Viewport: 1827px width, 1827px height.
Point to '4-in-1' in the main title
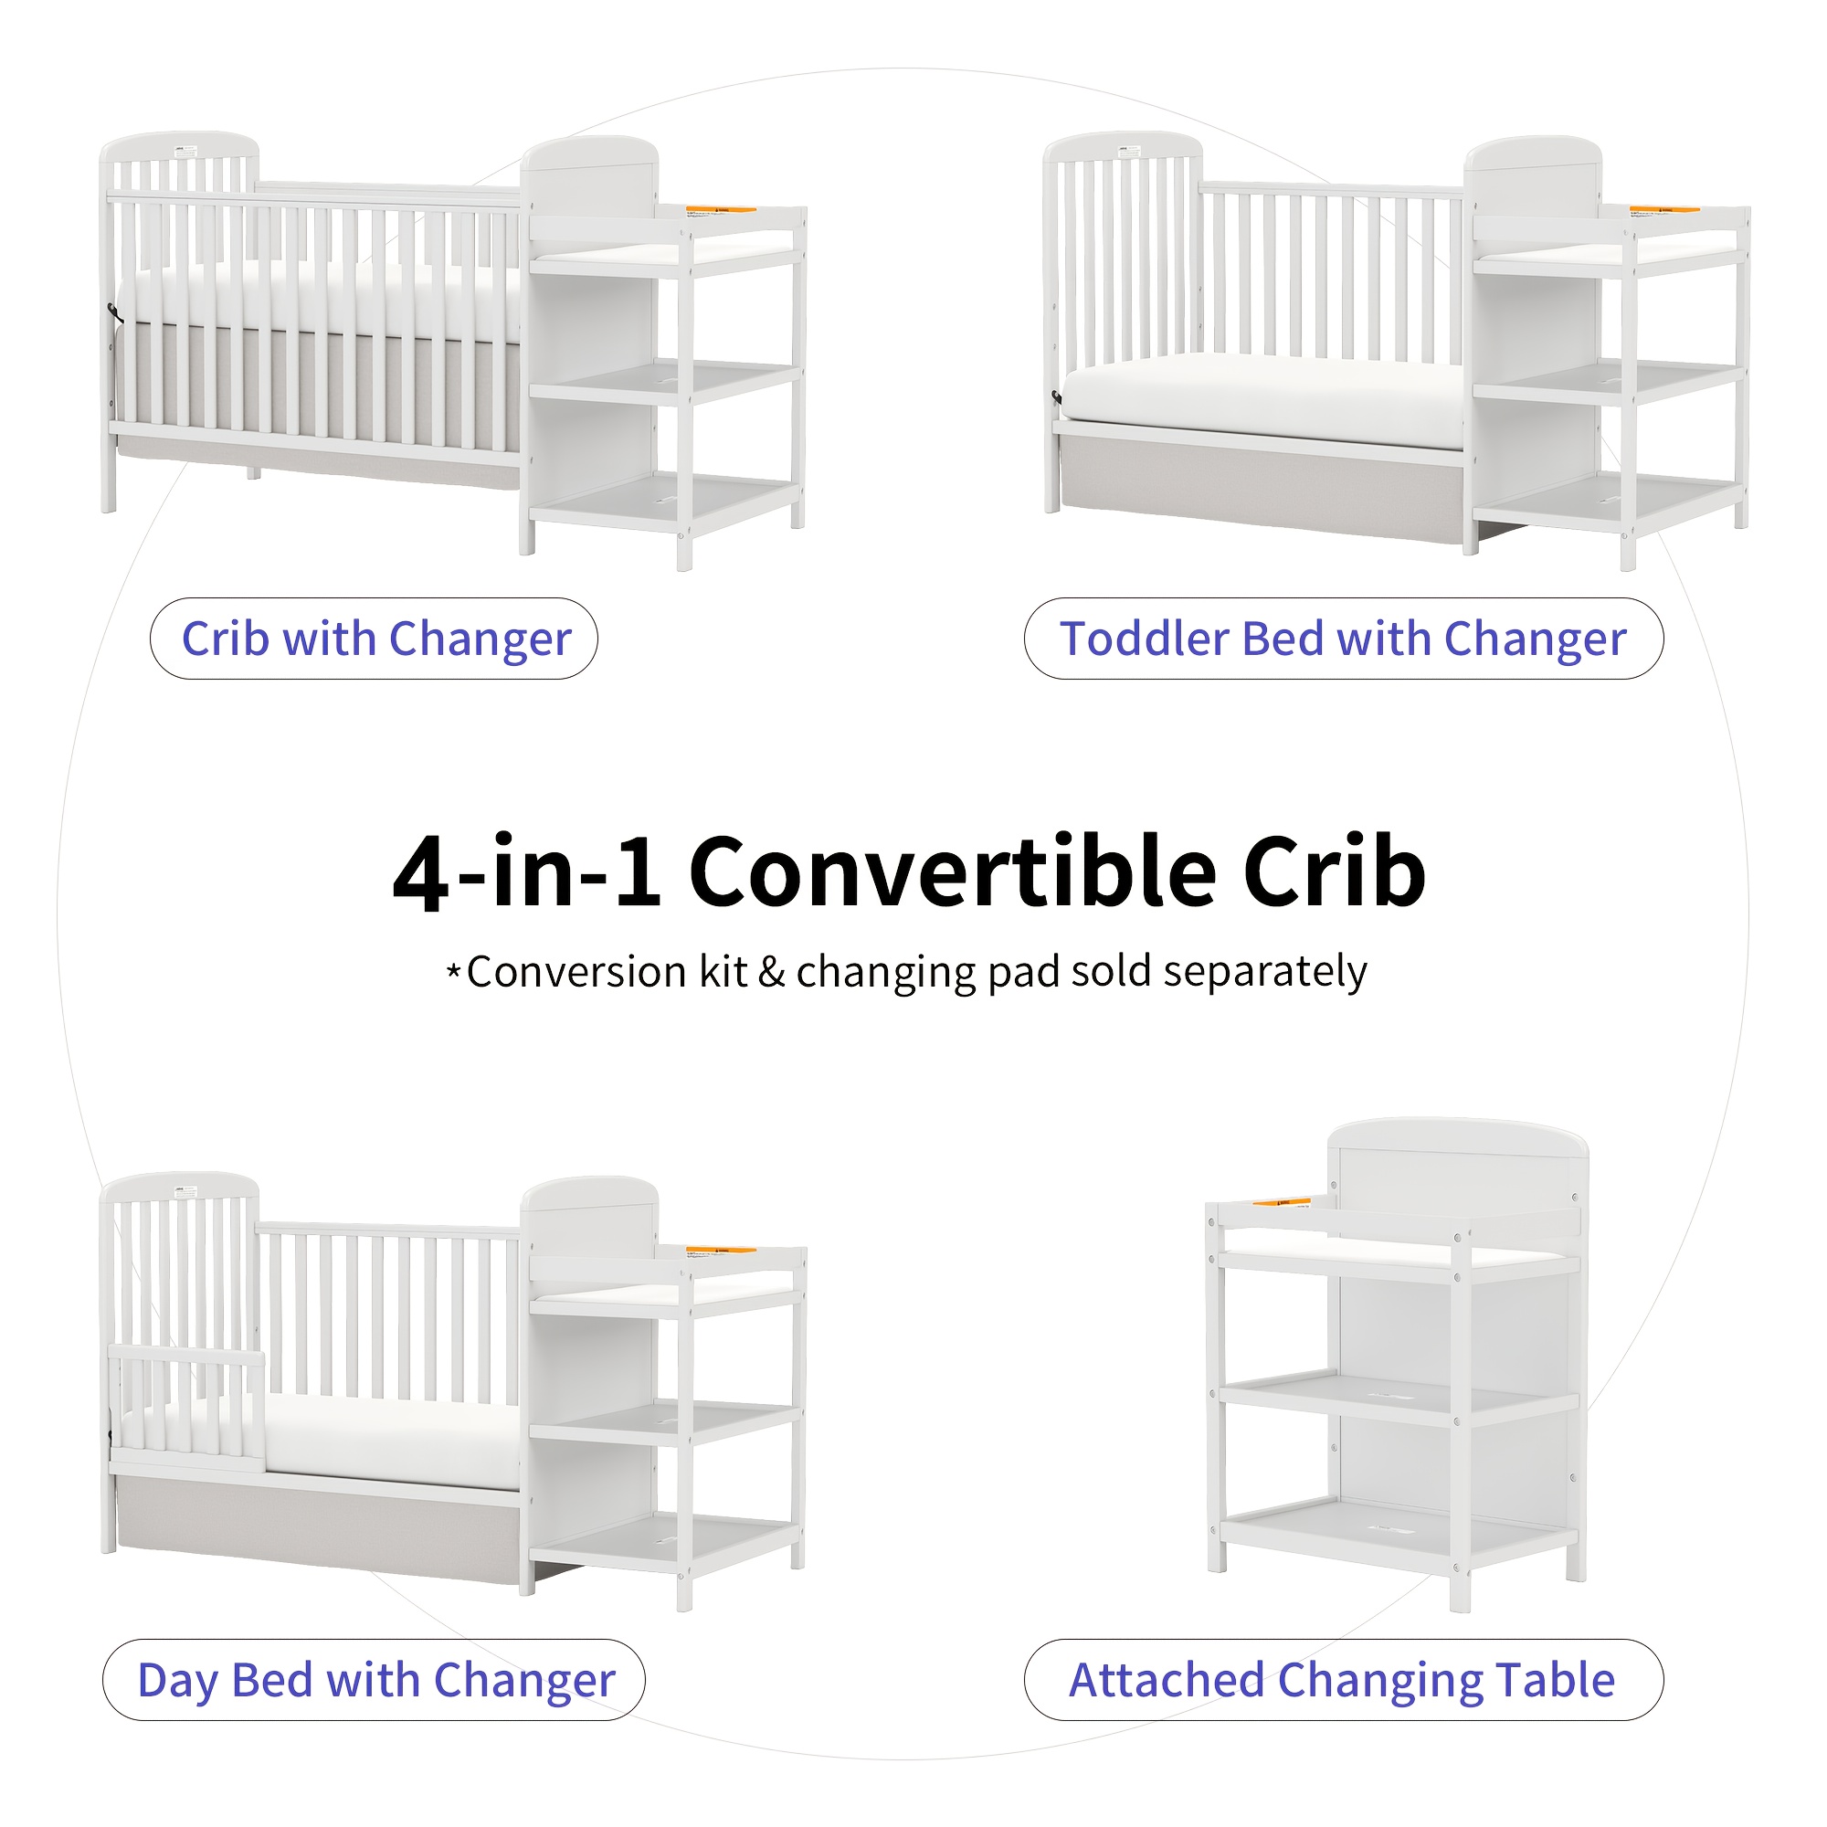pyautogui.click(x=526, y=871)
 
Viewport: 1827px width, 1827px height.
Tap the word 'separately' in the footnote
pyautogui.click(x=1266, y=972)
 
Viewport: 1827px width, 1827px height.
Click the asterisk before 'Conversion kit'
pyautogui.click(x=454, y=971)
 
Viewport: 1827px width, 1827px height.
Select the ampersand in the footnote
pyautogui.click(x=772, y=972)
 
